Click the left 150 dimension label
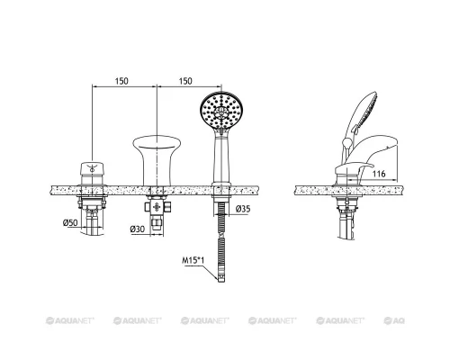pyautogui.click(x=121, y=81)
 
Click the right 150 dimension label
pyautogui.click(x=185, y=81)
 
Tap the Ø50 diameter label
pyautogui.click(x=70, y=222)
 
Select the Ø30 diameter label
pyautogui.click(x=138, y=229)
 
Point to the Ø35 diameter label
pyautogui.click(x=243, y=209)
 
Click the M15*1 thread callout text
pyautogui.click(x=193, y=260)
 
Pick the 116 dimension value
pyautogui.click(x=379, y=174)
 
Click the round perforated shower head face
pyautogui.click(x=221, y=110)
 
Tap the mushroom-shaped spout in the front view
pyautogui.click(x=157, y=160)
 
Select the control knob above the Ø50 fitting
pyautogui.click(x=92, y=174)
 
